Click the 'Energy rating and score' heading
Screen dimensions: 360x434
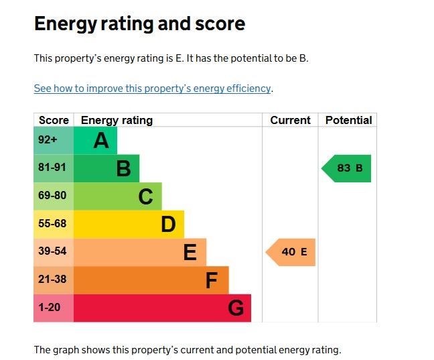coord(139,24)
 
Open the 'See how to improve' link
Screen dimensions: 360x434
coord(153,88)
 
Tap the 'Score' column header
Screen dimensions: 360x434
coord(54,121)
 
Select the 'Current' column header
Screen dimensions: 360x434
coord(290,121)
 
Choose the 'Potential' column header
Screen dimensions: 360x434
coord(348,121)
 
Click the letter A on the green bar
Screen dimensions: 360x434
coord(101,141)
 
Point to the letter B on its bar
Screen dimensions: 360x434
coord(123,168)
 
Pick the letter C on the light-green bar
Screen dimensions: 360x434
coord(145,196)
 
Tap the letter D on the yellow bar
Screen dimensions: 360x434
coord(168,225)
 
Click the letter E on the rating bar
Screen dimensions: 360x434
coord(190,253)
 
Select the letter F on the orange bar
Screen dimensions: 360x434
coord(212,280)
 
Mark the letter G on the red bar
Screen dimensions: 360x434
coord(236,308)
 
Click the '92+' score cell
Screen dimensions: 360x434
coord(48,141)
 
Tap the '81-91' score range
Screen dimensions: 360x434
coord(52,168)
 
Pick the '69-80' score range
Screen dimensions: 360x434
coord(52,196)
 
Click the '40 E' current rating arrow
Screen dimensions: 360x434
coord(292,252)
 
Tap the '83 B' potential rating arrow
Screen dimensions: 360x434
coord(348,168)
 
